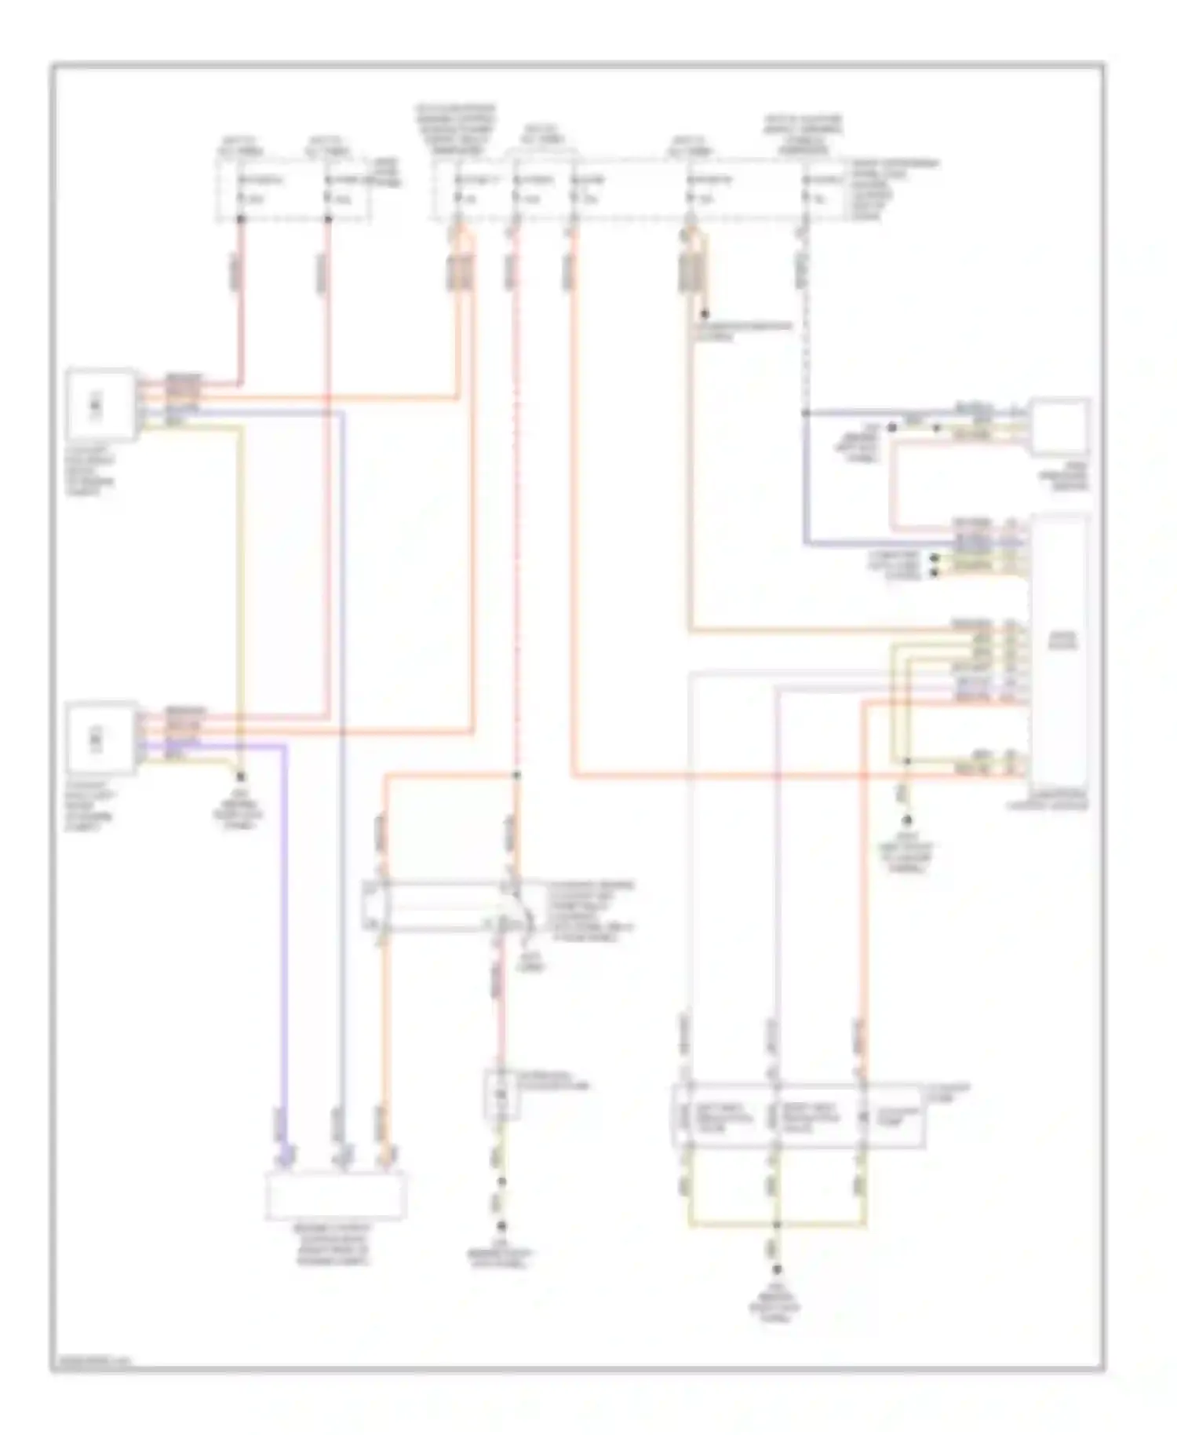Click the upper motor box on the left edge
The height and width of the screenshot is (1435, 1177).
pyautogui.click(x=100, y=405)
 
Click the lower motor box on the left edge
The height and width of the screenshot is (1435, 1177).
pyautogui.click(x=100, y=739)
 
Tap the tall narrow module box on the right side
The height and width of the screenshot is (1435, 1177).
pyautogui.click(x=1059, y=648)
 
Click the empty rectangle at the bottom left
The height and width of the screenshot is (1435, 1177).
pyautogui.click(x=336, y=1196)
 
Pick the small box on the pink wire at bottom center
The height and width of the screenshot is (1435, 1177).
pyautogui.click(x=501, y=1094)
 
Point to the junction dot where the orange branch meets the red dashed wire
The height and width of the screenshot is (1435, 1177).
pyautogui.click(x=516, y=776)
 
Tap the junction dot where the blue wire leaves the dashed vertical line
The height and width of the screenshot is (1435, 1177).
pyautogui.click(x=806, y=412)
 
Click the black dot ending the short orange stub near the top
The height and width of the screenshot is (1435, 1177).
pyautogui.click(x=705, y=314)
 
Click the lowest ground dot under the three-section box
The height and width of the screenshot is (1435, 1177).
pyautogui.click(x=777, y=1271)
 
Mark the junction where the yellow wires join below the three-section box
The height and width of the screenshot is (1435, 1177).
pyautogui.click(x=777, y=1224)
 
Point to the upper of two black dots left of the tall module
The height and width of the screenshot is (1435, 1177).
pyautogui.click(x=934, y=558)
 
